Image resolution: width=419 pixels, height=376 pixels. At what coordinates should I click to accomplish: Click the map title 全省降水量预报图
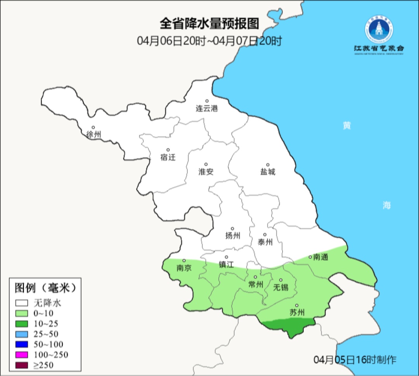pos(209,24)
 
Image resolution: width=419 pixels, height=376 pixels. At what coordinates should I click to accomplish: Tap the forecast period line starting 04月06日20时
pos(209,41)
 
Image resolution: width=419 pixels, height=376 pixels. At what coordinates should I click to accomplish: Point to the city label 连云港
pos(207,109)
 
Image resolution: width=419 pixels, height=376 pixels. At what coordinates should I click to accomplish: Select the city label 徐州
pos(93,135)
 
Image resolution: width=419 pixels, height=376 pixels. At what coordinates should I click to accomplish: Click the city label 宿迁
pos(168,157)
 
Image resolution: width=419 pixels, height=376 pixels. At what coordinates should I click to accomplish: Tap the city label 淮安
pos(206,172)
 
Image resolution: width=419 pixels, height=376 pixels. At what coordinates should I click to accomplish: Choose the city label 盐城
pos(268,172)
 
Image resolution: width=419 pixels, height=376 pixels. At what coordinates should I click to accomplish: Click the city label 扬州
pos(233,236)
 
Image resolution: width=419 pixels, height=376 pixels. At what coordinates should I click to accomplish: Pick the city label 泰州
pos(265,242)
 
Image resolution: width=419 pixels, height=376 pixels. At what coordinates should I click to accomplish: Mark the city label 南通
pos(320,257)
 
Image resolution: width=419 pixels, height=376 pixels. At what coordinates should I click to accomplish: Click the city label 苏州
pos(297,312)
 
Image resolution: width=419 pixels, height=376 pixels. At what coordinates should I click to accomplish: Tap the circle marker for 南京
pos(184,261)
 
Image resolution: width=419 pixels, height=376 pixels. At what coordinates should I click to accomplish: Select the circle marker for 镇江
pos(227,257)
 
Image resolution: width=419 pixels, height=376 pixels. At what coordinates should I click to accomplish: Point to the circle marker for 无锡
pos(281,280)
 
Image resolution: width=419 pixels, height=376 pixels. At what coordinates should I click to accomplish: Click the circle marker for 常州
pos(255,277)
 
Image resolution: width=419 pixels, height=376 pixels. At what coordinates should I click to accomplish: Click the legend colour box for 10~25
pos(22,324)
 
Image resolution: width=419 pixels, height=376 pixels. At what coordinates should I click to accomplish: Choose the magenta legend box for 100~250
pos(22,355)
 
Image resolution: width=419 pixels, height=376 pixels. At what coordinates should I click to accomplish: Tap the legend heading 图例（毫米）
pos(45,288)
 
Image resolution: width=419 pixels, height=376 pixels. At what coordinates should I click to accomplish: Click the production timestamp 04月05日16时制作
pos(355,360)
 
